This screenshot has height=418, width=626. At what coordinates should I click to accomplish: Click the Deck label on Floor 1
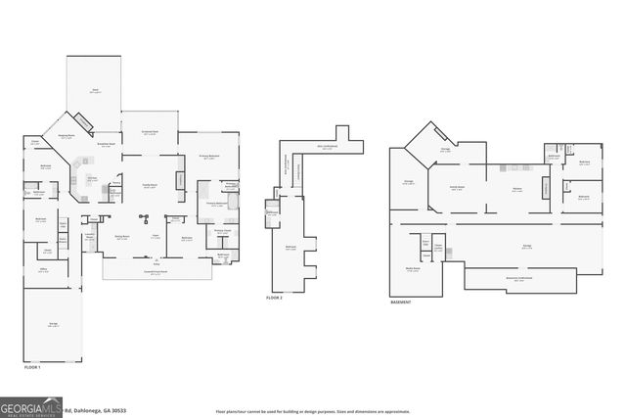(x=95, y=91)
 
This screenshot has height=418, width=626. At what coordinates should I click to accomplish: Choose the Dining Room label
(x=123, y=237)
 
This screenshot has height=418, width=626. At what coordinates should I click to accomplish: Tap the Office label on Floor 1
(x=44, y=271)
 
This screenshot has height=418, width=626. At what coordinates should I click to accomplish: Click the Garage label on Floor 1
(x=55, y=325)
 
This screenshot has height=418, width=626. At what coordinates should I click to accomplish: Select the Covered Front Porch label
(x=156, y=273)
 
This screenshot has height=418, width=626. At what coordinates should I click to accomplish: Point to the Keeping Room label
(x=67, y=137)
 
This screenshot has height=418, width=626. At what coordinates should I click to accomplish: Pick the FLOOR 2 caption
(x=275, y=297)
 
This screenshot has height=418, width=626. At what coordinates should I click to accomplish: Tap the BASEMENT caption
(x=400, y=302)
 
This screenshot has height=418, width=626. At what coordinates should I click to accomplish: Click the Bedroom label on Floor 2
(x=290, y=248)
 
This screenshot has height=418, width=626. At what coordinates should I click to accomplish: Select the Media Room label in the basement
(x=413, y=269)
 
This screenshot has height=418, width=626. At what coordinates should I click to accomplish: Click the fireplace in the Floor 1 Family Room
(x=180, y=180)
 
